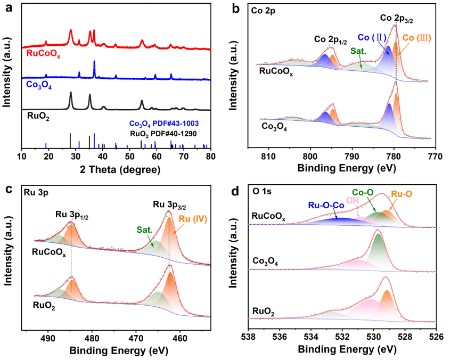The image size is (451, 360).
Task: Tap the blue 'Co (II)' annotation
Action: [371, 37]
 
